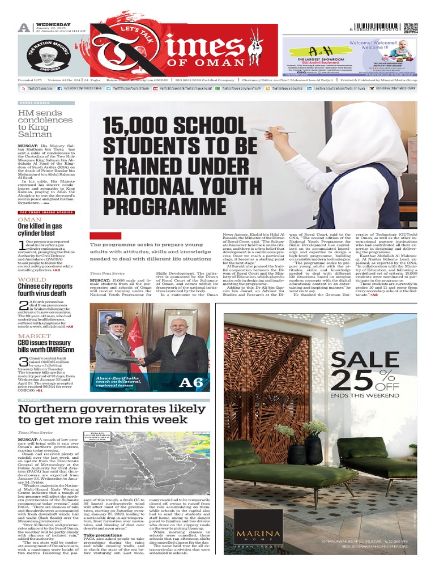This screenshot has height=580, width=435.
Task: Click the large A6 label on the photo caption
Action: (190, 383)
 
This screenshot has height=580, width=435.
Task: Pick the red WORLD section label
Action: (32, 280)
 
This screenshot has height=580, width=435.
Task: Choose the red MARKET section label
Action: (35, 336)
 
